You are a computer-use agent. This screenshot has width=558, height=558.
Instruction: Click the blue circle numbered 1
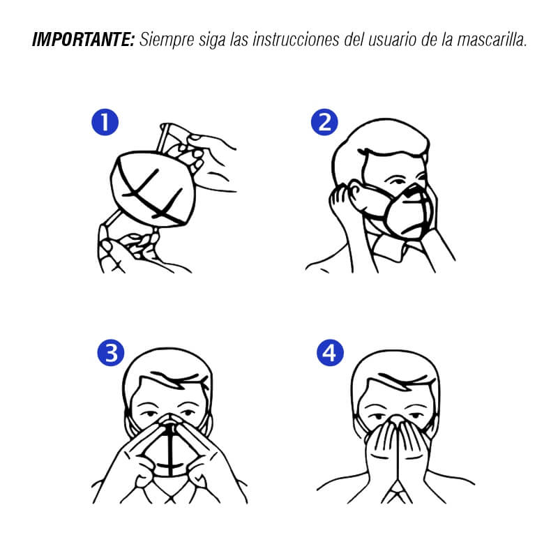[105, 123]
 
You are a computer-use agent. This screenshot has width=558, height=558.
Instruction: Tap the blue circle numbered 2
[324, 123]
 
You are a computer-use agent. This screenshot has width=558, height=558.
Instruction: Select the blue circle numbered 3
[111, 353]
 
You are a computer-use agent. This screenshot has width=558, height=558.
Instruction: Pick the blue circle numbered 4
[330, 353]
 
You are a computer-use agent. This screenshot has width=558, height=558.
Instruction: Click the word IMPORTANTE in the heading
[83, 40]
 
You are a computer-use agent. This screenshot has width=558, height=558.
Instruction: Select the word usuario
[392, 40]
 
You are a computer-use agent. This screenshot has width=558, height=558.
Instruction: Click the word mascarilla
[492, 40]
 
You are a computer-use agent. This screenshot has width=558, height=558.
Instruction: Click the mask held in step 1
[153, 188]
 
